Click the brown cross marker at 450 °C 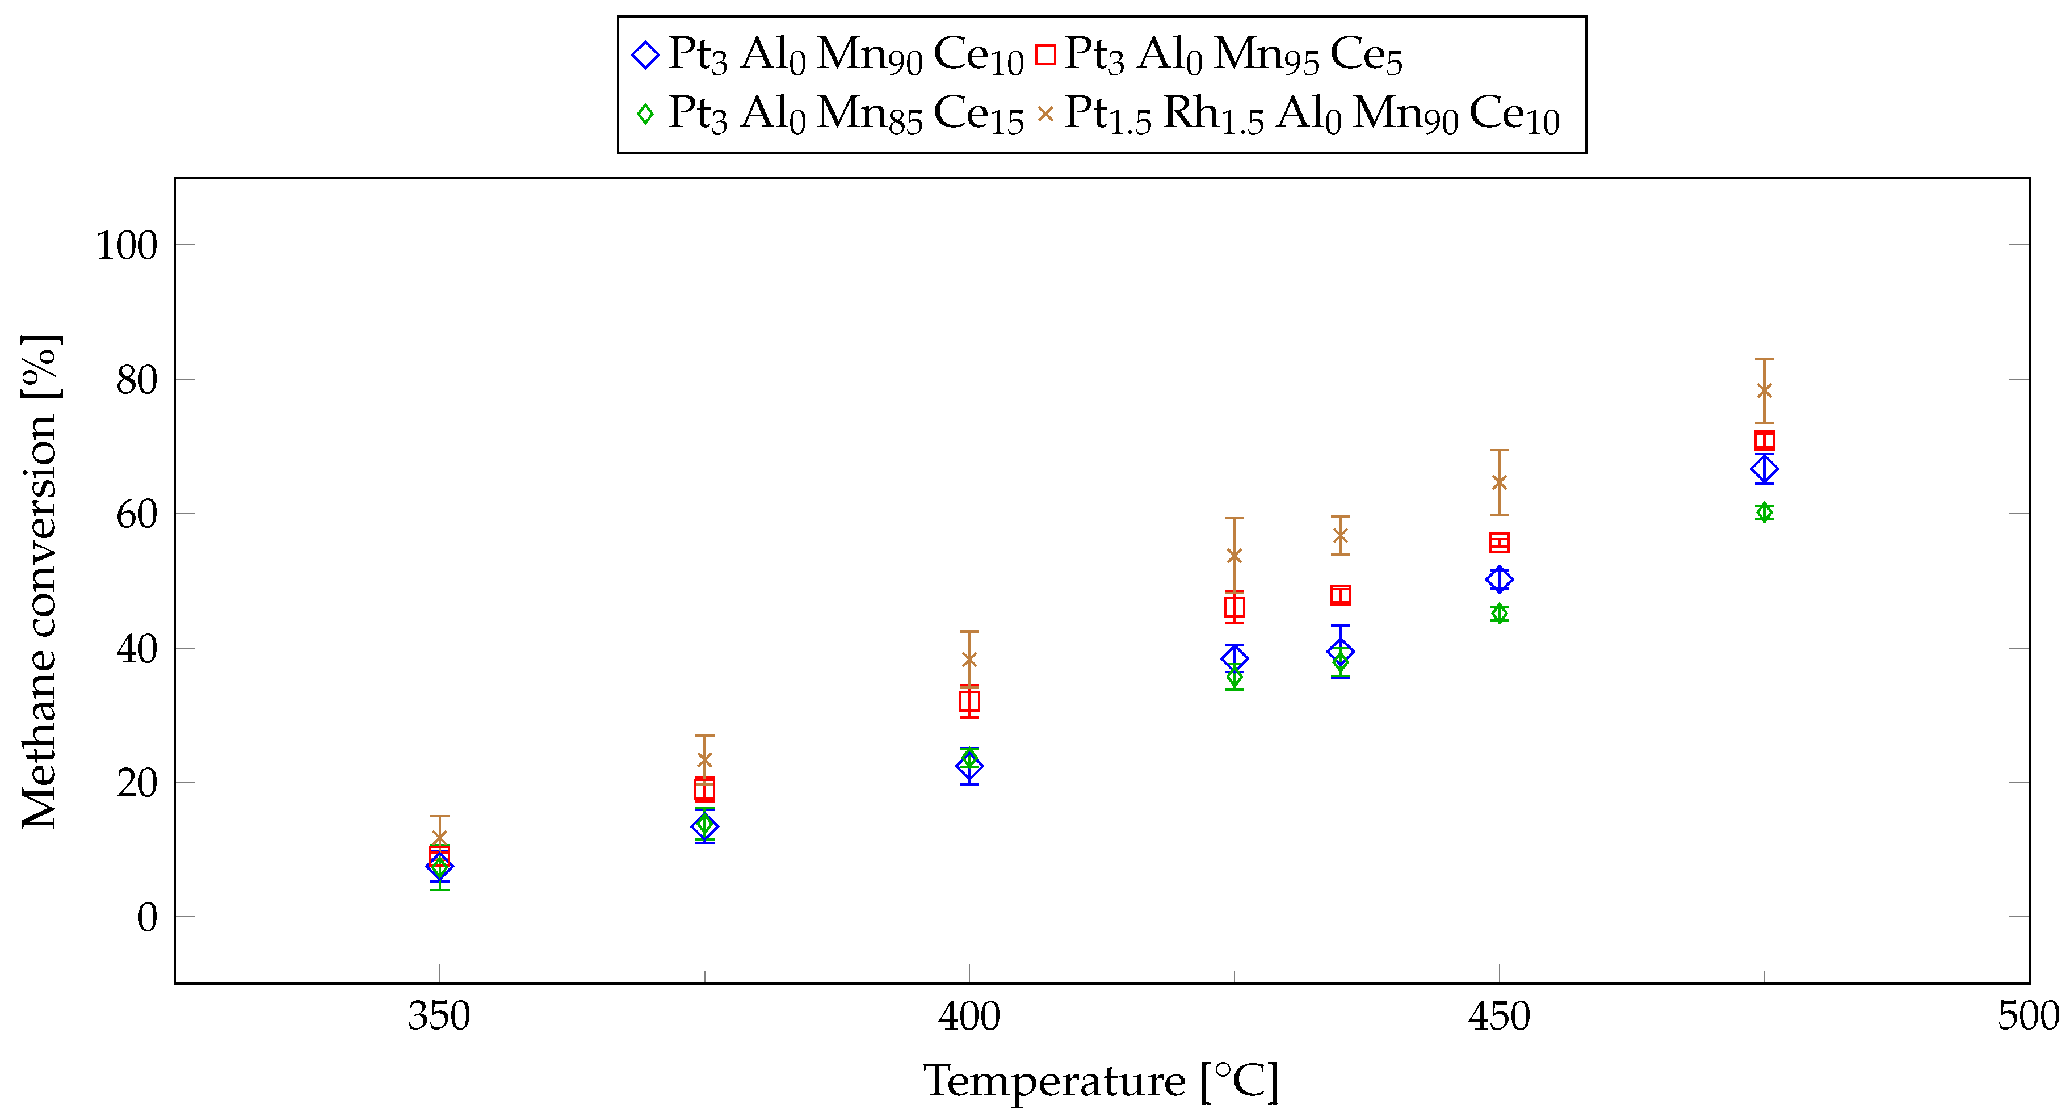click(1499, 482)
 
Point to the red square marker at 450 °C click(1499, 543)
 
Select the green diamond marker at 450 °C click(1499, 614)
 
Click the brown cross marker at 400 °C click(969, 659)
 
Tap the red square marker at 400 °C click(969, 702)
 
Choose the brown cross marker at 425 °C click(1234, 556)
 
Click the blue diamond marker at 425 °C click(1234, 658)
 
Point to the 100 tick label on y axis click(127, 245)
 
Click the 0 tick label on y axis click(147, 917)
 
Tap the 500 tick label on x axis click(2027, 1017)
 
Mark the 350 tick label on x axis click(439, 1017)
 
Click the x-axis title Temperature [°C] click(1101, 1082)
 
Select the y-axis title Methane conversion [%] click(40, 581)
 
